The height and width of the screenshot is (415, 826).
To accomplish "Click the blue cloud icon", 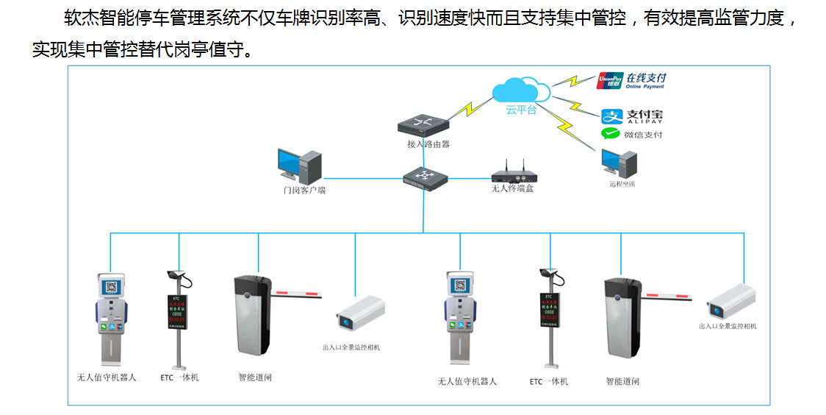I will [521, 90].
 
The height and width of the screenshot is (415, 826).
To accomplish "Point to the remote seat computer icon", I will [612, 163].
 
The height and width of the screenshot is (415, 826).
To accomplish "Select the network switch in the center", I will [425, 178].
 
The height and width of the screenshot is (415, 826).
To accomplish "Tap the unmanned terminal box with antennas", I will [513, 174].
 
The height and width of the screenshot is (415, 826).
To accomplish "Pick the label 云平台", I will [521, 110].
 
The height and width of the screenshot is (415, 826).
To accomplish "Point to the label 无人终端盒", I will [512, 189].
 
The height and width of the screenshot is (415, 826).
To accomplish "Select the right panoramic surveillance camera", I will [730, 301].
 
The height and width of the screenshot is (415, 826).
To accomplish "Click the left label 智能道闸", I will [255, 377].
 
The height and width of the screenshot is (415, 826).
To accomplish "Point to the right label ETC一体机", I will [549, 381].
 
